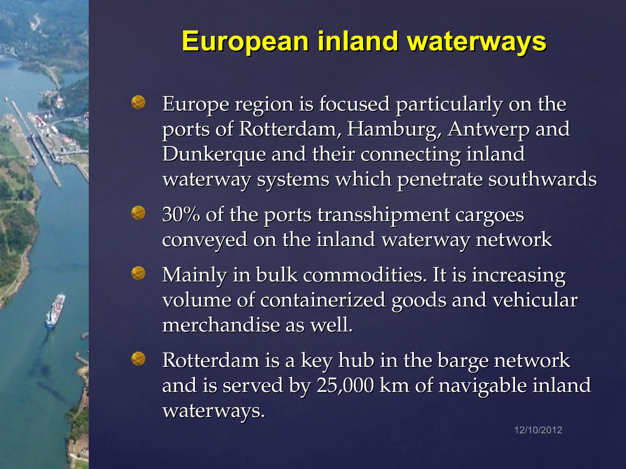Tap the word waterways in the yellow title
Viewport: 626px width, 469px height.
click(x=477, y=42)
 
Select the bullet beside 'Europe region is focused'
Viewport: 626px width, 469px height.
click(x=138, y=102)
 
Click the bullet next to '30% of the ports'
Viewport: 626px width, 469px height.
click(x=138, y=213)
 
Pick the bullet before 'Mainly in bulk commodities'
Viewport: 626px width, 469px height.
click(x=138, y=273)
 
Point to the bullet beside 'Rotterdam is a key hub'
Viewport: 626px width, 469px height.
click(x=138, y=358)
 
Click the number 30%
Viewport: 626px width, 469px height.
click(x=181, y=214)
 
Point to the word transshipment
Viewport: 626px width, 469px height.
click(x=384, y=215)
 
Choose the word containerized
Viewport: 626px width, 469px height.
click(x=323, y=300)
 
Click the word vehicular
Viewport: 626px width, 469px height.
click(x=535, y=300)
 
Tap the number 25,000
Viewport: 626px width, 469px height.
click(x=345, y=385)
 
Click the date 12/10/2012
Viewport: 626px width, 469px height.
click(x=538, y=430)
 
